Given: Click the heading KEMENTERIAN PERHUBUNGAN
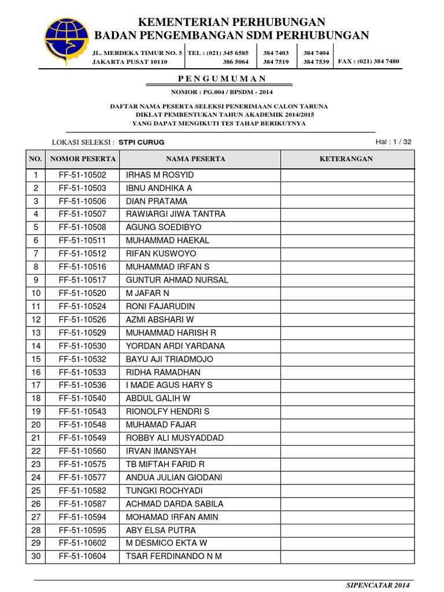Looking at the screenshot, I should (231, 23).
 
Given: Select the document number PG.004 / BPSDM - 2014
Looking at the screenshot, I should (222, 92).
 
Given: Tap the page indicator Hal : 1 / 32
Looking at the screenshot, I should (393, 142).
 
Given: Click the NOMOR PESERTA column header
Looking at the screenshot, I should (83, 159).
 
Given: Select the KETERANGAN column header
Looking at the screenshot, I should (347, 159).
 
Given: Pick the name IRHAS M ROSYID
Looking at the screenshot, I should (160, 175).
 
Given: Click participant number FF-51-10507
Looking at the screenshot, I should (83, 214).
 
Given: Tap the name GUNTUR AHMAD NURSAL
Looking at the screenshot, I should (177, 280).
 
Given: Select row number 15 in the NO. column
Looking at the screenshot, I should (36, 359).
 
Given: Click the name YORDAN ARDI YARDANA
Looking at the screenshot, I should (175, 346).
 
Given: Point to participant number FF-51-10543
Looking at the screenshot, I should (83, 412).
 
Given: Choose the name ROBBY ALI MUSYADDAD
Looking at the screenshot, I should (175, 438).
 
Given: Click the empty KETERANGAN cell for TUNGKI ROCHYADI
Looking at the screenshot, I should (347, 490).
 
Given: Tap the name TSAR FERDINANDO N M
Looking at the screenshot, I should (173, 556).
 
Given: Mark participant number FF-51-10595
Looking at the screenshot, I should (83, 530).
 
